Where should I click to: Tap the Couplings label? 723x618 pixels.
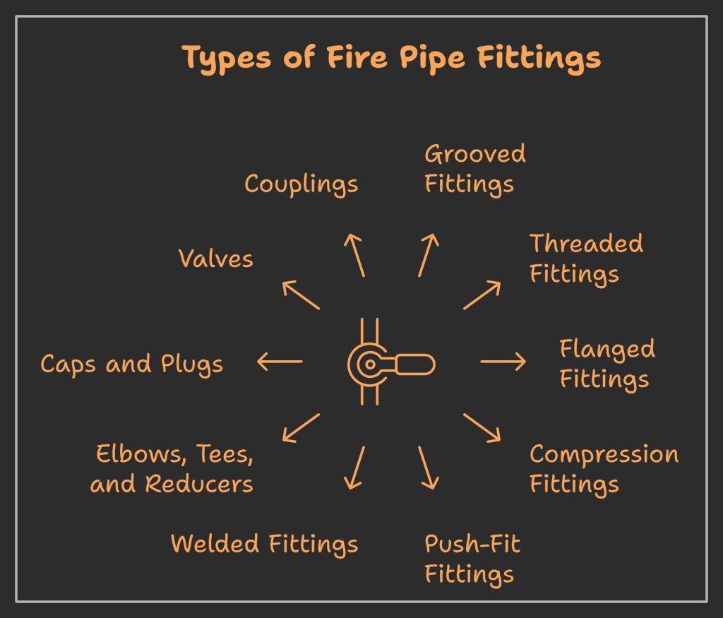(301, 184)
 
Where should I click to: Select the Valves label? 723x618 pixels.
(215, 259)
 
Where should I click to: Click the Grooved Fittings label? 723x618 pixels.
(474, 170)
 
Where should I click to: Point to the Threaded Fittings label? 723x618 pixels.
(586, 259)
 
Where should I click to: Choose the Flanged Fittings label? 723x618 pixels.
(607, 364)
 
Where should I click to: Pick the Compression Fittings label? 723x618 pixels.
(604, 469)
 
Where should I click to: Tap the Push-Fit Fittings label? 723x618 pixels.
(472, 559)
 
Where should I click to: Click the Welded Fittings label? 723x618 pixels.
(264, 544)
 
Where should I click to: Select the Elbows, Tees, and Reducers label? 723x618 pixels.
(173, 469)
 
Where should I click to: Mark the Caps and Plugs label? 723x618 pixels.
(131, 364)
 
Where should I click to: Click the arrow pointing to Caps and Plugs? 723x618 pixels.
(280, 362)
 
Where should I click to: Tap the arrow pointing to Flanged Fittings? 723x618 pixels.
(503, 362)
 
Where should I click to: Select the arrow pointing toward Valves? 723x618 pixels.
(301, 295)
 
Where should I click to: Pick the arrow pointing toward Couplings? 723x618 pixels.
(354, 255)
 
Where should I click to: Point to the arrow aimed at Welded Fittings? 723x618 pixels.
(355, 468)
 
